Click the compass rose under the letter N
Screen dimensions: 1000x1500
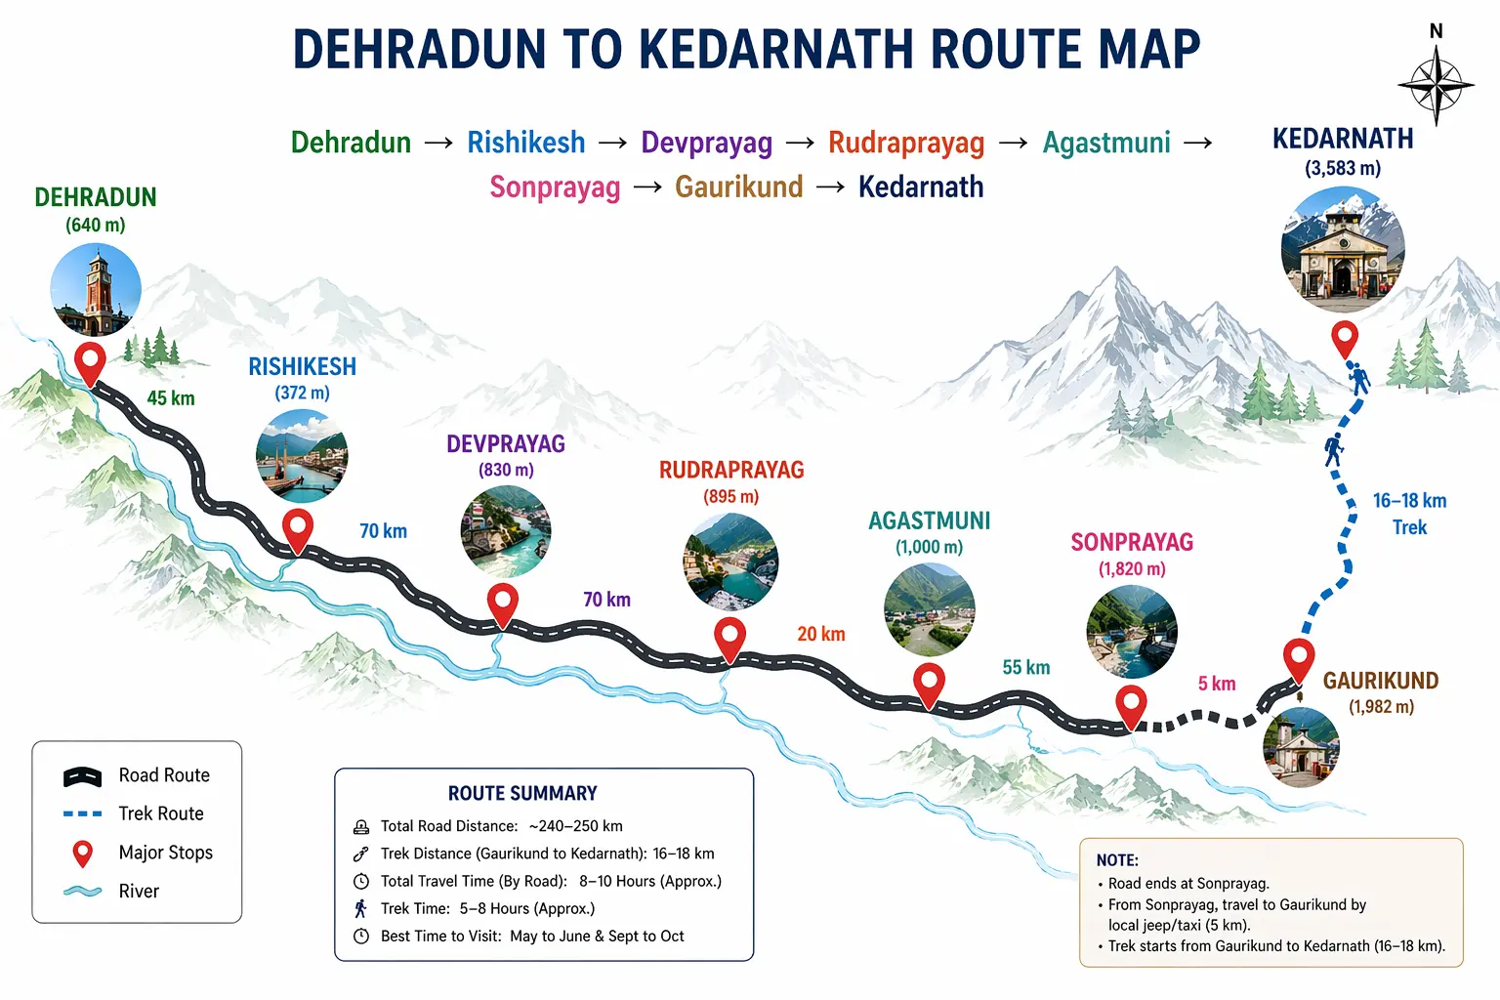point(1436,86)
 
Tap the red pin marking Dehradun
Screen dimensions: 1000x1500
point(91,362)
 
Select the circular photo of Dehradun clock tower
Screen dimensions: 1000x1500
point(96,290)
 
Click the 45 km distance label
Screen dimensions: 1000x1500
point(171,398)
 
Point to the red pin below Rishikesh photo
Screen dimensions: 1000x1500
point(298,529)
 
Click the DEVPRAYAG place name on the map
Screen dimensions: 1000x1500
point(506,444)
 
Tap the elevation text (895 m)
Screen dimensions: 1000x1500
point(730,496)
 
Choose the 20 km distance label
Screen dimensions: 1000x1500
point(820,634)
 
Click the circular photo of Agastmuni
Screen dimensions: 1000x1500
point(929,609)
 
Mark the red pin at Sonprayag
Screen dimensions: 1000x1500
point(1131,705)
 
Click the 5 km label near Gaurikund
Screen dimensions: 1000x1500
point(1217,684)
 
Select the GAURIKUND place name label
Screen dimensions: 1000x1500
point(1380,681)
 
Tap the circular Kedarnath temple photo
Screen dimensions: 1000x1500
point(1343,249)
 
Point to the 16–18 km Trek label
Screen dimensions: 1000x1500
point(1409,514)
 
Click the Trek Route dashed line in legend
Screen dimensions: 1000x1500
point(83,813)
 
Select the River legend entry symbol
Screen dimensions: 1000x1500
point(83,891)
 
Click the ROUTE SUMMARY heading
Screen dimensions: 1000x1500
point(522,793)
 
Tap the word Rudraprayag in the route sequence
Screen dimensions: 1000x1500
point(906,144)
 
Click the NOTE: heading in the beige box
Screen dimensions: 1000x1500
point(1117,860)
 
